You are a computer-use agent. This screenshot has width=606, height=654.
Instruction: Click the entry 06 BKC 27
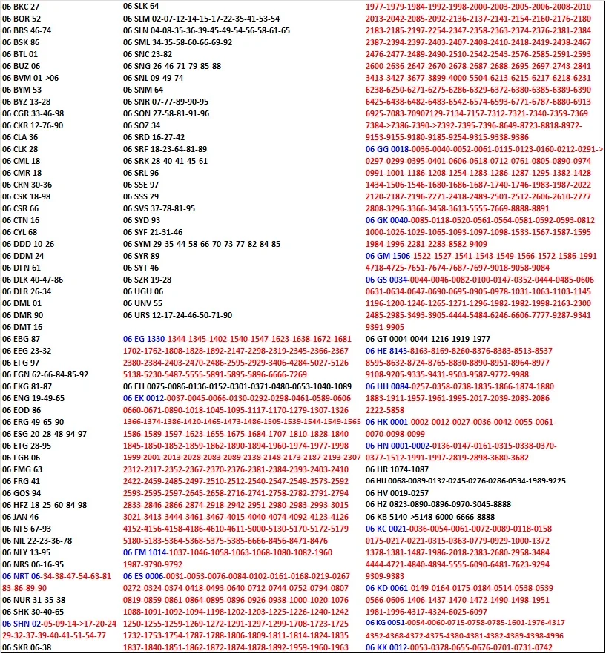pyautogui.click(x=21, y=7)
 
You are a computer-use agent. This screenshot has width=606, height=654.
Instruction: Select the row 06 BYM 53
pyautogui.click(x=22, y=90)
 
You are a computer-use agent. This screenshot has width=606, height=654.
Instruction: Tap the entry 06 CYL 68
pyautogui.click(x=21, y=232)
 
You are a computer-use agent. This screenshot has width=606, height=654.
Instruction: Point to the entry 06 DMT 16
pyautogui.click(x=22, y=327)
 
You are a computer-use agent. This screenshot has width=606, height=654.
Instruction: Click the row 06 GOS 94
pyautogui.click(x=22, y=493)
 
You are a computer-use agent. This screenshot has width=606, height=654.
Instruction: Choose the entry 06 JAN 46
pyautogui.click(x=21, y=517)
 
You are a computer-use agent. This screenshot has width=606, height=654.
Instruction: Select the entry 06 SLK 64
pyautogui.click(x=142, y=7)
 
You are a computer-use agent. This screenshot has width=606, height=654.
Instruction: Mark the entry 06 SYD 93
pyautogui.click(x=142, y=220)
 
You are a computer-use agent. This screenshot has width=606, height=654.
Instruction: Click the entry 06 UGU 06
pyautogui.click(x=143, y=291)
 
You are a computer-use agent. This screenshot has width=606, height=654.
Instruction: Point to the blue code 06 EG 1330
pyautogui.click(x=149, y=339)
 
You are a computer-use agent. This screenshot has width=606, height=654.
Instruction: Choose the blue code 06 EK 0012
pyautogui.click(x=149, y=398)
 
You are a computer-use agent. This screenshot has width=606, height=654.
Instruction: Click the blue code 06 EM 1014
pyautogui.click(x=149, y=552)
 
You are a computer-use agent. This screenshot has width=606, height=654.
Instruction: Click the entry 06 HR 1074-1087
pyautogui.click(x=398, y=469)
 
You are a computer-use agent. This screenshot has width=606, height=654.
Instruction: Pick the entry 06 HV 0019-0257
pyautogui.click(x=398, y=493)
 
